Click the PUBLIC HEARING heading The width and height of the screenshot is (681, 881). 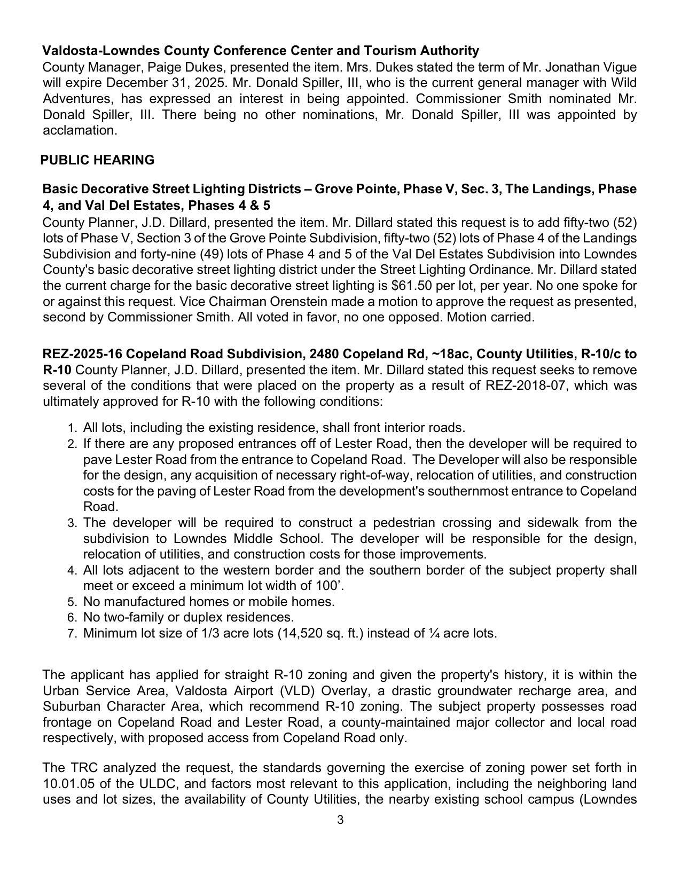coord(97,160)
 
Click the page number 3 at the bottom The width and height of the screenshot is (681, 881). coord(340,820)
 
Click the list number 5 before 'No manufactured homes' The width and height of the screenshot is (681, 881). coord(73,602)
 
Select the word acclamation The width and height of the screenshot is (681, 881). coord(79,130)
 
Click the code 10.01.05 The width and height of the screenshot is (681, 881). coord(67,784)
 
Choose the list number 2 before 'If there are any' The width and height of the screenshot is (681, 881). coord(73,444)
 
